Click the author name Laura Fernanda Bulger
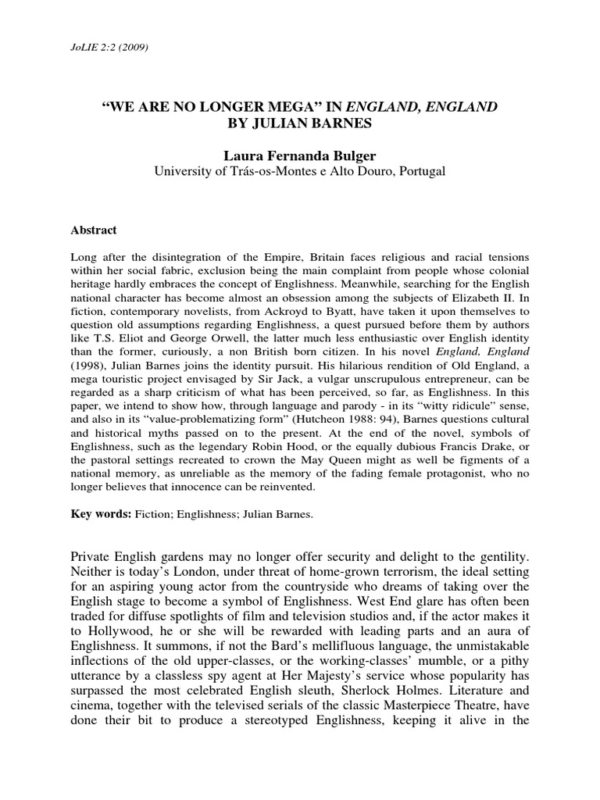[299, 155]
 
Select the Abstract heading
[94, 230]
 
